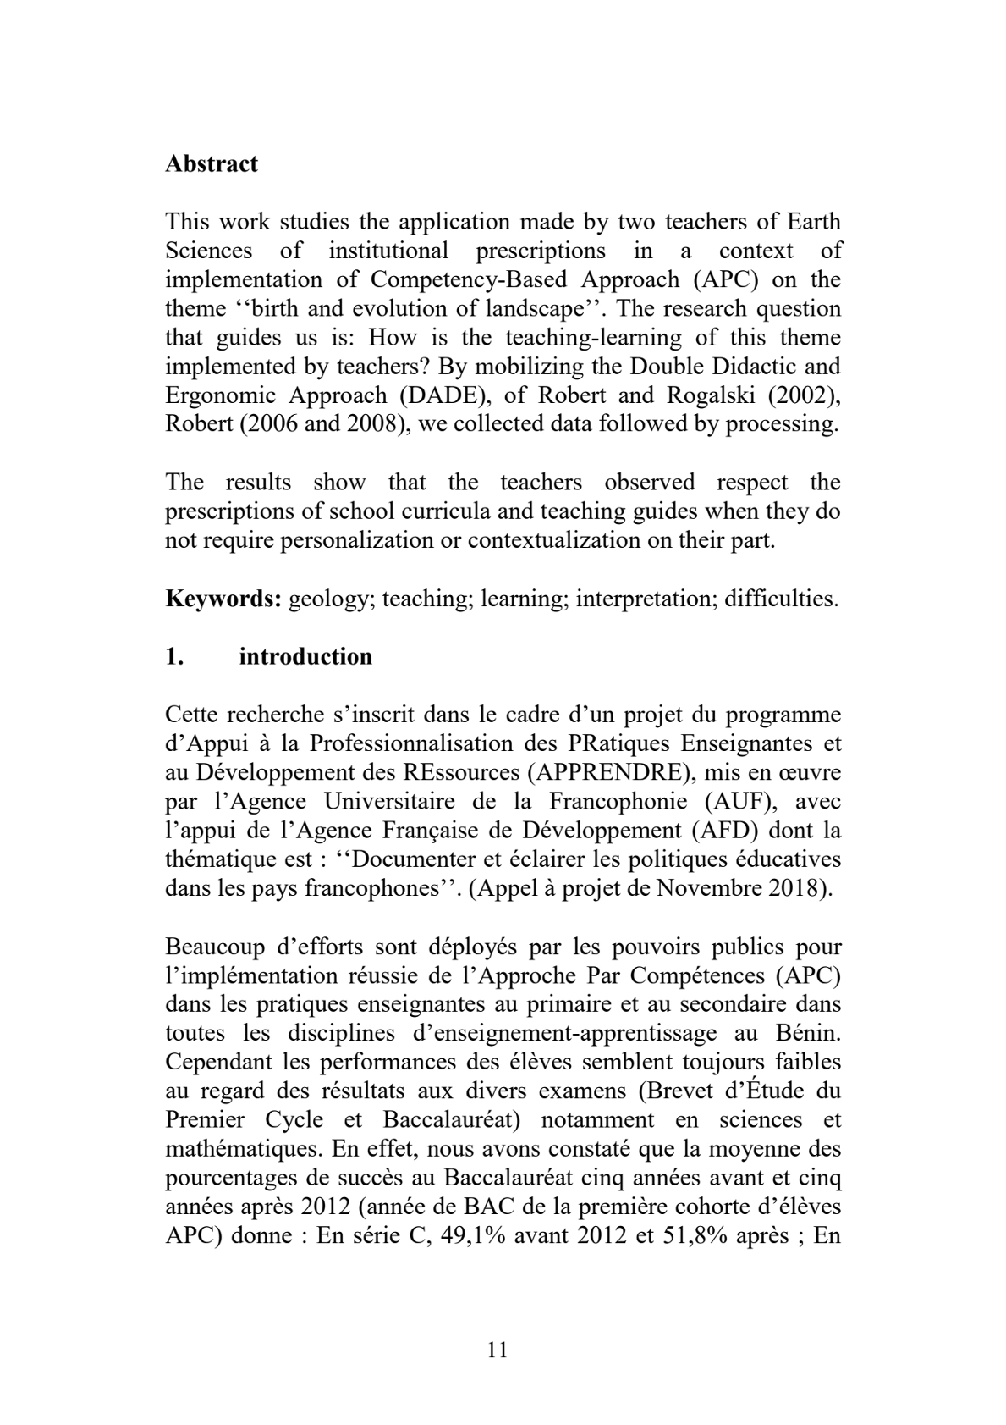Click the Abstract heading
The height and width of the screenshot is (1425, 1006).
212,163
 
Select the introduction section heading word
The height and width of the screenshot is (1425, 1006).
305,657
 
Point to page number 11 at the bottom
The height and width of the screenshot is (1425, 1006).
498,1350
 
